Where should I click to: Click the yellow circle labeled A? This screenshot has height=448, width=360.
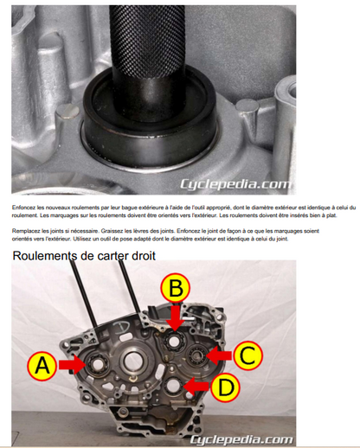pos(42,366)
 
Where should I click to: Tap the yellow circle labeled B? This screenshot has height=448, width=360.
pos(176,288)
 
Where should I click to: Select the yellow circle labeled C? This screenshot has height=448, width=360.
pos(248,355)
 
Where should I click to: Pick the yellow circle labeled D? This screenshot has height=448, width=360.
pos(225,387)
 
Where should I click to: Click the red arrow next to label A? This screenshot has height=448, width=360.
pos(72,365)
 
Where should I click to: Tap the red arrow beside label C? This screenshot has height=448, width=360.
pos(219,355)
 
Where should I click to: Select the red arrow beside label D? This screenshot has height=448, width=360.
pos(196,387)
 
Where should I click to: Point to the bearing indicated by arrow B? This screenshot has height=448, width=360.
pos(174,341)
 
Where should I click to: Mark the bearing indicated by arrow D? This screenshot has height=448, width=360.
pos(174,386)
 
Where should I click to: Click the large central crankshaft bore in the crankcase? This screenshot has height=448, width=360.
pos(132,362)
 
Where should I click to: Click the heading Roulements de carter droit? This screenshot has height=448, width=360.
pos(84,256)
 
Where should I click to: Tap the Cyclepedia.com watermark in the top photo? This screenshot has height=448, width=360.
pos(235,184)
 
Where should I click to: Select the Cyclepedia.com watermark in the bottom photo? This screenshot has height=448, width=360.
pos(241,439)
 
